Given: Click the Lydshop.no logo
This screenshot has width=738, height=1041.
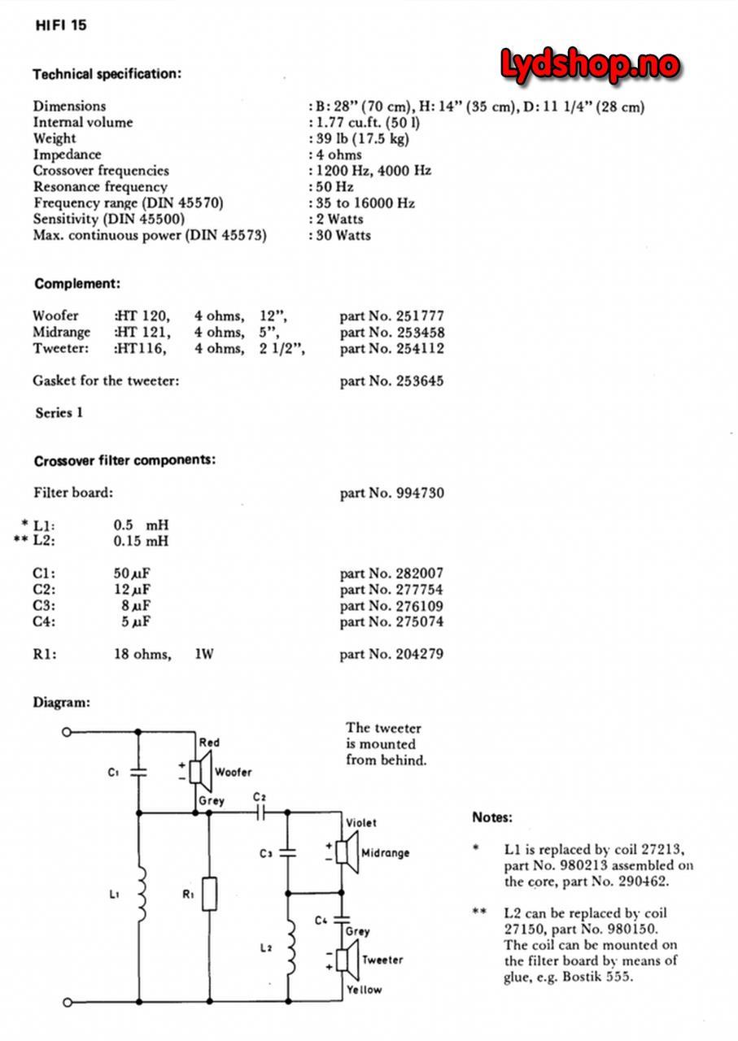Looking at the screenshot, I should [589, 64].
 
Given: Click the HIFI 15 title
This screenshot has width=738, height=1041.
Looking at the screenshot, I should [61, 25].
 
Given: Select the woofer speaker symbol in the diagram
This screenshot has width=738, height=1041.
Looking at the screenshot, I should [200, 771].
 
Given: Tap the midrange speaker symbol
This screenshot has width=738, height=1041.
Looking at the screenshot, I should [343, 852].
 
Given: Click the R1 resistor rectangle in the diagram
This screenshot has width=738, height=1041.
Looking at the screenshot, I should [210, 894].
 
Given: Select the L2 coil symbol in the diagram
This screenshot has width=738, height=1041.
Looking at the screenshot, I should [289, 947].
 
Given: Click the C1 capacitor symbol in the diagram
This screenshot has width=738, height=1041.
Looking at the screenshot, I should [139, 772].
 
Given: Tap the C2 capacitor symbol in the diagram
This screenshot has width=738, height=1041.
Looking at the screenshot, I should [260, 811].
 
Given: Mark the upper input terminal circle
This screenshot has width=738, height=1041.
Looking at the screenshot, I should [67, 732].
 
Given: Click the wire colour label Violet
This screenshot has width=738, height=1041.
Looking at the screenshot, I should [361, 823].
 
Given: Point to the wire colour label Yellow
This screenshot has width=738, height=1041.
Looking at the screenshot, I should [363, 990].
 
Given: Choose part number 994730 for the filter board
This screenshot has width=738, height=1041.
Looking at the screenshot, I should [391, 493].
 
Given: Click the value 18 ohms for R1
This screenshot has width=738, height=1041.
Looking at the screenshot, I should [142, 654].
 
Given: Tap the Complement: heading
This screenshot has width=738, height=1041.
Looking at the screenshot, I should [77, 284].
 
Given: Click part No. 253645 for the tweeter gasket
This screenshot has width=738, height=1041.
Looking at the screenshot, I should [391, 381].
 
